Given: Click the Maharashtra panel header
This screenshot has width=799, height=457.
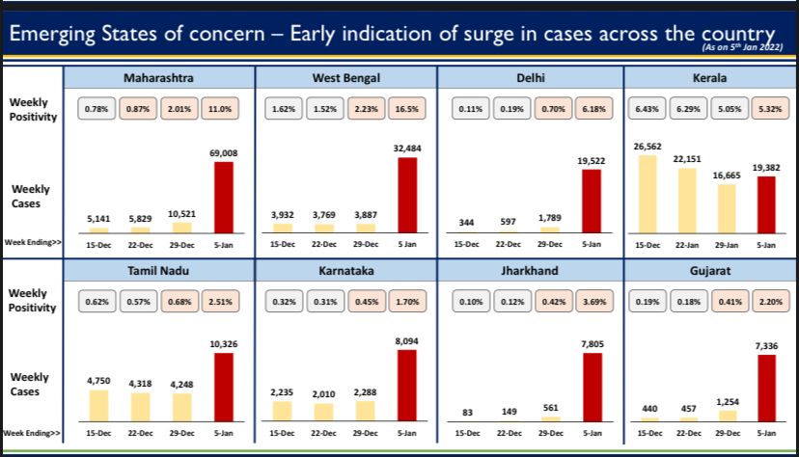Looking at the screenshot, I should tap(159, 76).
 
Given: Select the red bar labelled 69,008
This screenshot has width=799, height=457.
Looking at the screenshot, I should tap(223, 197).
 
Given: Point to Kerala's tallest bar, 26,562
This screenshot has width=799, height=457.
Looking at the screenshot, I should tap(647, 193).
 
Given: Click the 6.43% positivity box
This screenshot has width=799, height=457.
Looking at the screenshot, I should tap(647, 110).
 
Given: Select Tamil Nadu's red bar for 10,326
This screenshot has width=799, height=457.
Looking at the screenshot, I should tap(223, 387).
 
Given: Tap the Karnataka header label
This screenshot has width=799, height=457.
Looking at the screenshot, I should tap(345, 271).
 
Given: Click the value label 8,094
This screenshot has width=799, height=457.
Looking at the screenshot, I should tap(406, 340).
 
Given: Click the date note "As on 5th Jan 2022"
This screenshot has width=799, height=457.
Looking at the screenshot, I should tap(740, 46).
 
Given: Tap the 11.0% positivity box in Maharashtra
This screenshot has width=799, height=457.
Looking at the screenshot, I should tap(224, 110).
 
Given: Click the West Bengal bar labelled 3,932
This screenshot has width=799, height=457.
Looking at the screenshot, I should tap(282, 227).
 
